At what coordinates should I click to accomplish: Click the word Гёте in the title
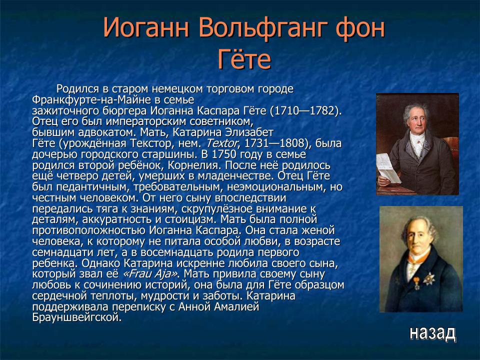click(244, 60)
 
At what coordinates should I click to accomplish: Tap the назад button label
click(432, 333)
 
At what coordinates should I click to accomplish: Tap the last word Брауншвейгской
click(76, 317)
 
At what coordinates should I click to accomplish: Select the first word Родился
click(76, 88)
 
